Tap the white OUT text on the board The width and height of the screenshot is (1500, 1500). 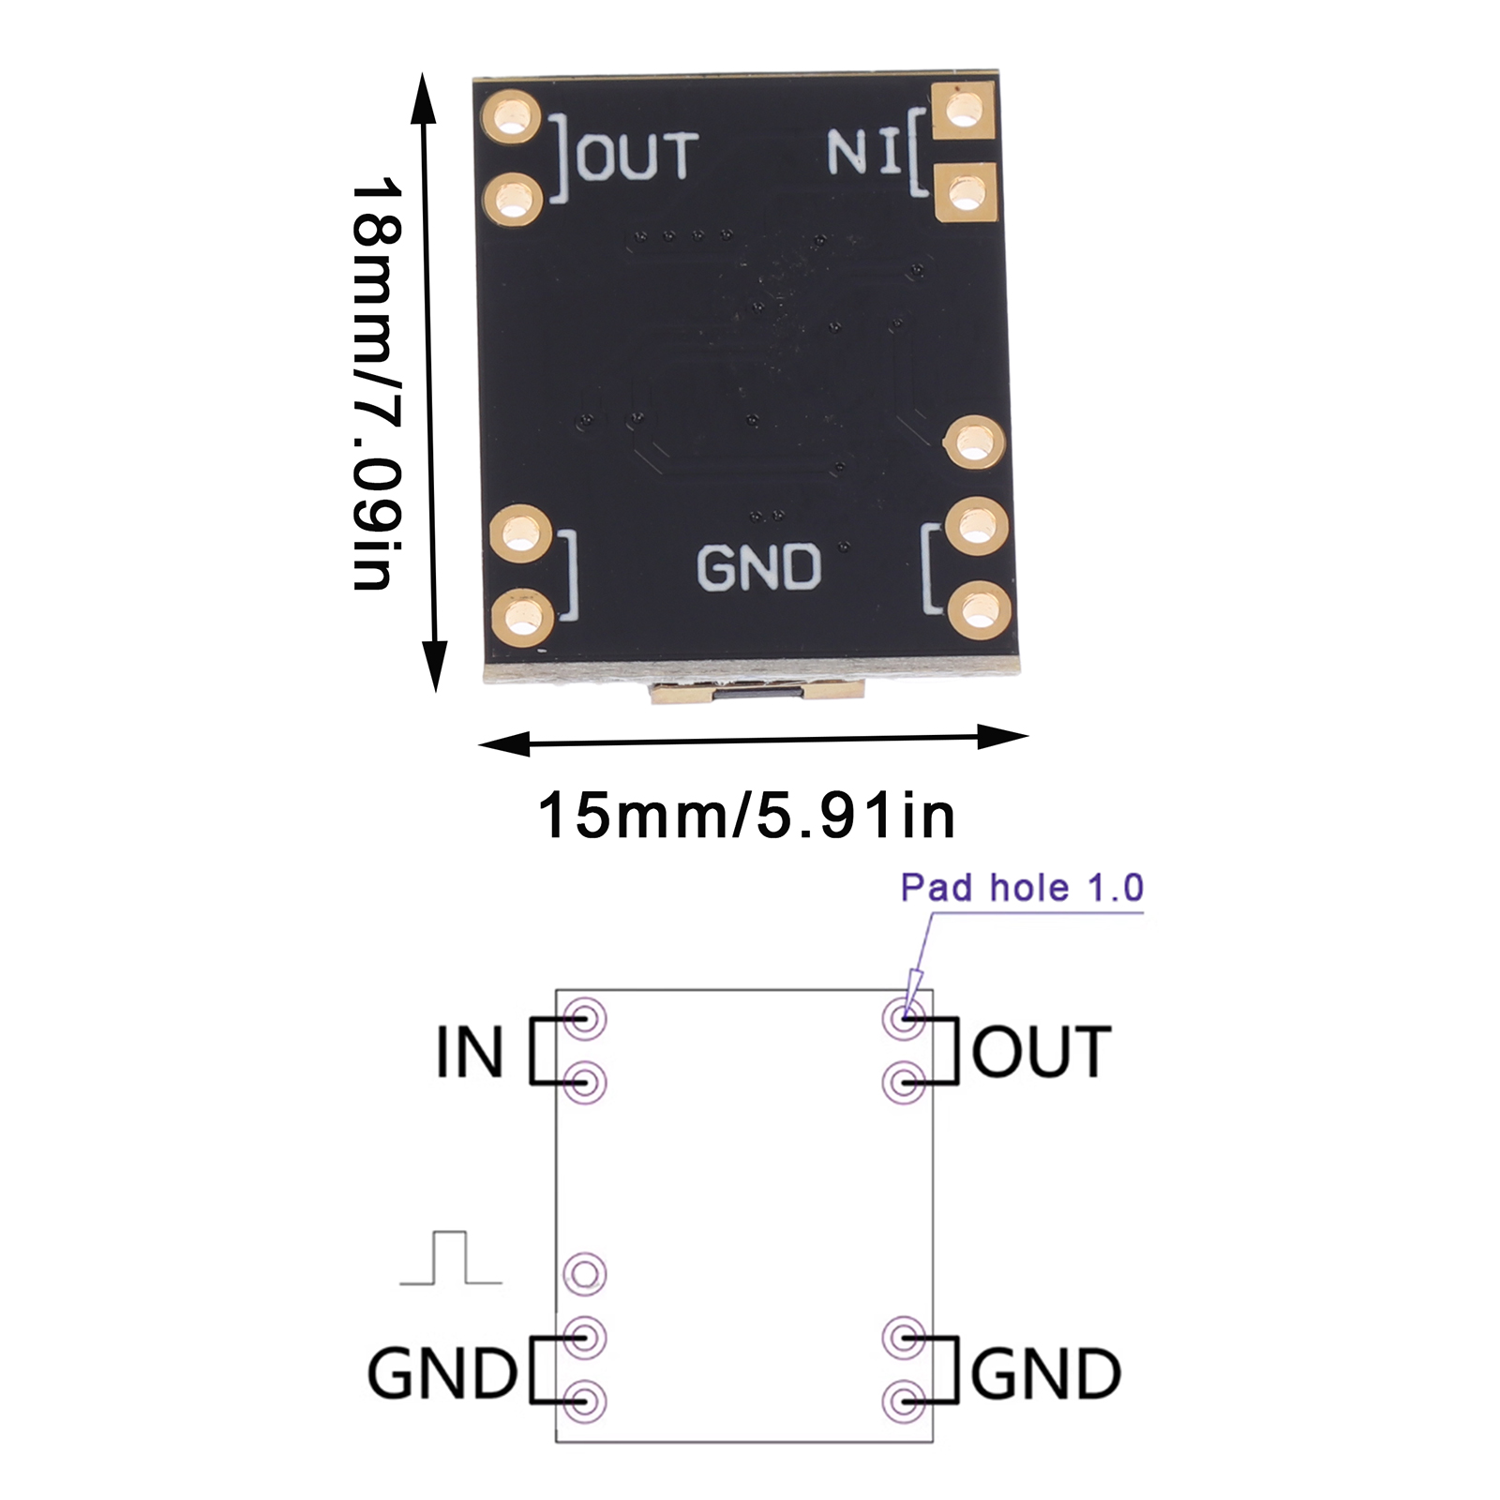(638, 156)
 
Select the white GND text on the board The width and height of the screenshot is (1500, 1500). (758, 568)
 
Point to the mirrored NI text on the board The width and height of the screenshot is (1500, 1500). (863, 152)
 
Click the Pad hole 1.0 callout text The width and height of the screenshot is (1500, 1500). (1022, 888)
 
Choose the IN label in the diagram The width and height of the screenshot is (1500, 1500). (470, 1052)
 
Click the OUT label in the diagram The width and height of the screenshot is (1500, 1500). (1042, 1052)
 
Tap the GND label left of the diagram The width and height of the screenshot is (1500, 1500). (442, 1374)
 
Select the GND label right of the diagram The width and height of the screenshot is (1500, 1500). (1045, 1374)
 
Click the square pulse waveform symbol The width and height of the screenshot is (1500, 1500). (451, 1258)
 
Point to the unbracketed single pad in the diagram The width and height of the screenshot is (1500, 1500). (585, 1274)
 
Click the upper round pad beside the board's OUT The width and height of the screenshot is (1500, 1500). (512, 118)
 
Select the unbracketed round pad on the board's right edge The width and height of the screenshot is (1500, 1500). (974, 442)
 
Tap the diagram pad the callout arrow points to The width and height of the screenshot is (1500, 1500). (904, 1017)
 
